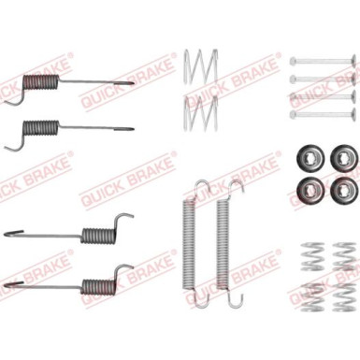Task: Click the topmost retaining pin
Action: pyautogui.click(x=323, y=61)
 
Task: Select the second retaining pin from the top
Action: pyautogui.click(x=323, y=79)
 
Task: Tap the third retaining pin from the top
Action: pyautogui.click(x=323, y=96)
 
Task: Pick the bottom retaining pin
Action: pyautogui.click(x=323, y=113)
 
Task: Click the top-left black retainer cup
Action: pyautogui.click(x=310, y=159)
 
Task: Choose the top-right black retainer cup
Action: pyautogui.click(x=343, y=159)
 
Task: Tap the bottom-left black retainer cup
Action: pyautogui.click(x=310, y=191)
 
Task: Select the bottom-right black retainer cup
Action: pyautogui.click(x=343, y=191)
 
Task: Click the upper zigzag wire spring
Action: pyautogui.click(x=200, y=66)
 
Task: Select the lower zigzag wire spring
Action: pyautogui.click(x=200, y=113)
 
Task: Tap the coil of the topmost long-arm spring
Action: pyautogui.click(x=41, y=83)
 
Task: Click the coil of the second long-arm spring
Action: pyautogui.click(x=41, y=128)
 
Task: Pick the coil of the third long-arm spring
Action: pyautogui.click(x=98, y=236)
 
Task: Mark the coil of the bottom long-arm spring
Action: pyautogui.click(x=98, y=286)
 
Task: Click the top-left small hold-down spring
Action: pyautogui.click(x=312, y=256)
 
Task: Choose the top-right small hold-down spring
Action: pyautogui.click(x=344, y=256)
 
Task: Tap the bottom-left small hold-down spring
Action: pyautogui.click(x=312, y=297)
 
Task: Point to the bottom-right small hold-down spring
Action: pyautogui.click(x=344, y=297)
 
